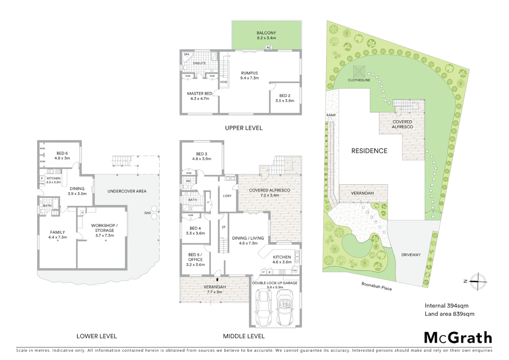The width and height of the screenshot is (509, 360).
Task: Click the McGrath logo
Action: pyautogui.click(x=458, y=337)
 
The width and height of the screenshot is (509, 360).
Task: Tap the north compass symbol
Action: pyautogui.click(x=478, y=281)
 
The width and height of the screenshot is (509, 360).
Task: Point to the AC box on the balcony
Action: pyautogui.click(x=268, y=48)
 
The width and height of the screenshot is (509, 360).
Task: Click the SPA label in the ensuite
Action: pyautogui.click(x=187, y=54)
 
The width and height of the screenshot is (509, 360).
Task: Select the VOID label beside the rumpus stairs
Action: pyautogui.click(x=224, y=82)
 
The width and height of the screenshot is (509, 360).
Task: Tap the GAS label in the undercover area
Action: pyautogui.click(x=147, y=213)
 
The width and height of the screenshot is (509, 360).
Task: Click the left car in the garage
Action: pyautogui.click(x=263, y=308)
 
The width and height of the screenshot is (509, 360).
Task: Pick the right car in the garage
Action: pyautogui.click(x=285, y=308)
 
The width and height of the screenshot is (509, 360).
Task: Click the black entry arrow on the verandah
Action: pyautogui.click(x=217, y=279)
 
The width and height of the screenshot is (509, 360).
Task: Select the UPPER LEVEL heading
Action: pyautogui.click(x=244, y=128)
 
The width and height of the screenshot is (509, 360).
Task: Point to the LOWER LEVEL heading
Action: pyautogui.click(x=97, y=336)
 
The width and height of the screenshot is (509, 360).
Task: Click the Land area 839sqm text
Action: pyautogui.click(x=449, y=314)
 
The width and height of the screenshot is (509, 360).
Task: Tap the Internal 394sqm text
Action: pyautogui.click(x=446, y=305)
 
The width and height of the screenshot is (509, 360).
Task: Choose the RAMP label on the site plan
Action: pyautogui.click(x=331, y=115)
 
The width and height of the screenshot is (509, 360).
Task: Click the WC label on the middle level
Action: pyautogui.click(x=189, y=181)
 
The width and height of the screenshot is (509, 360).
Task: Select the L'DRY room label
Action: pyautogui.click(x=227, y=196)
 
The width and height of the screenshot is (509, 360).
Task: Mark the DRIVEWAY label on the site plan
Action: pyautogui.click(x=411, y=255)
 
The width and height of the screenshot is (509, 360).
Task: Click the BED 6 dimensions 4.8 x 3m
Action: pyautogui.click(x=62, y=158)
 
